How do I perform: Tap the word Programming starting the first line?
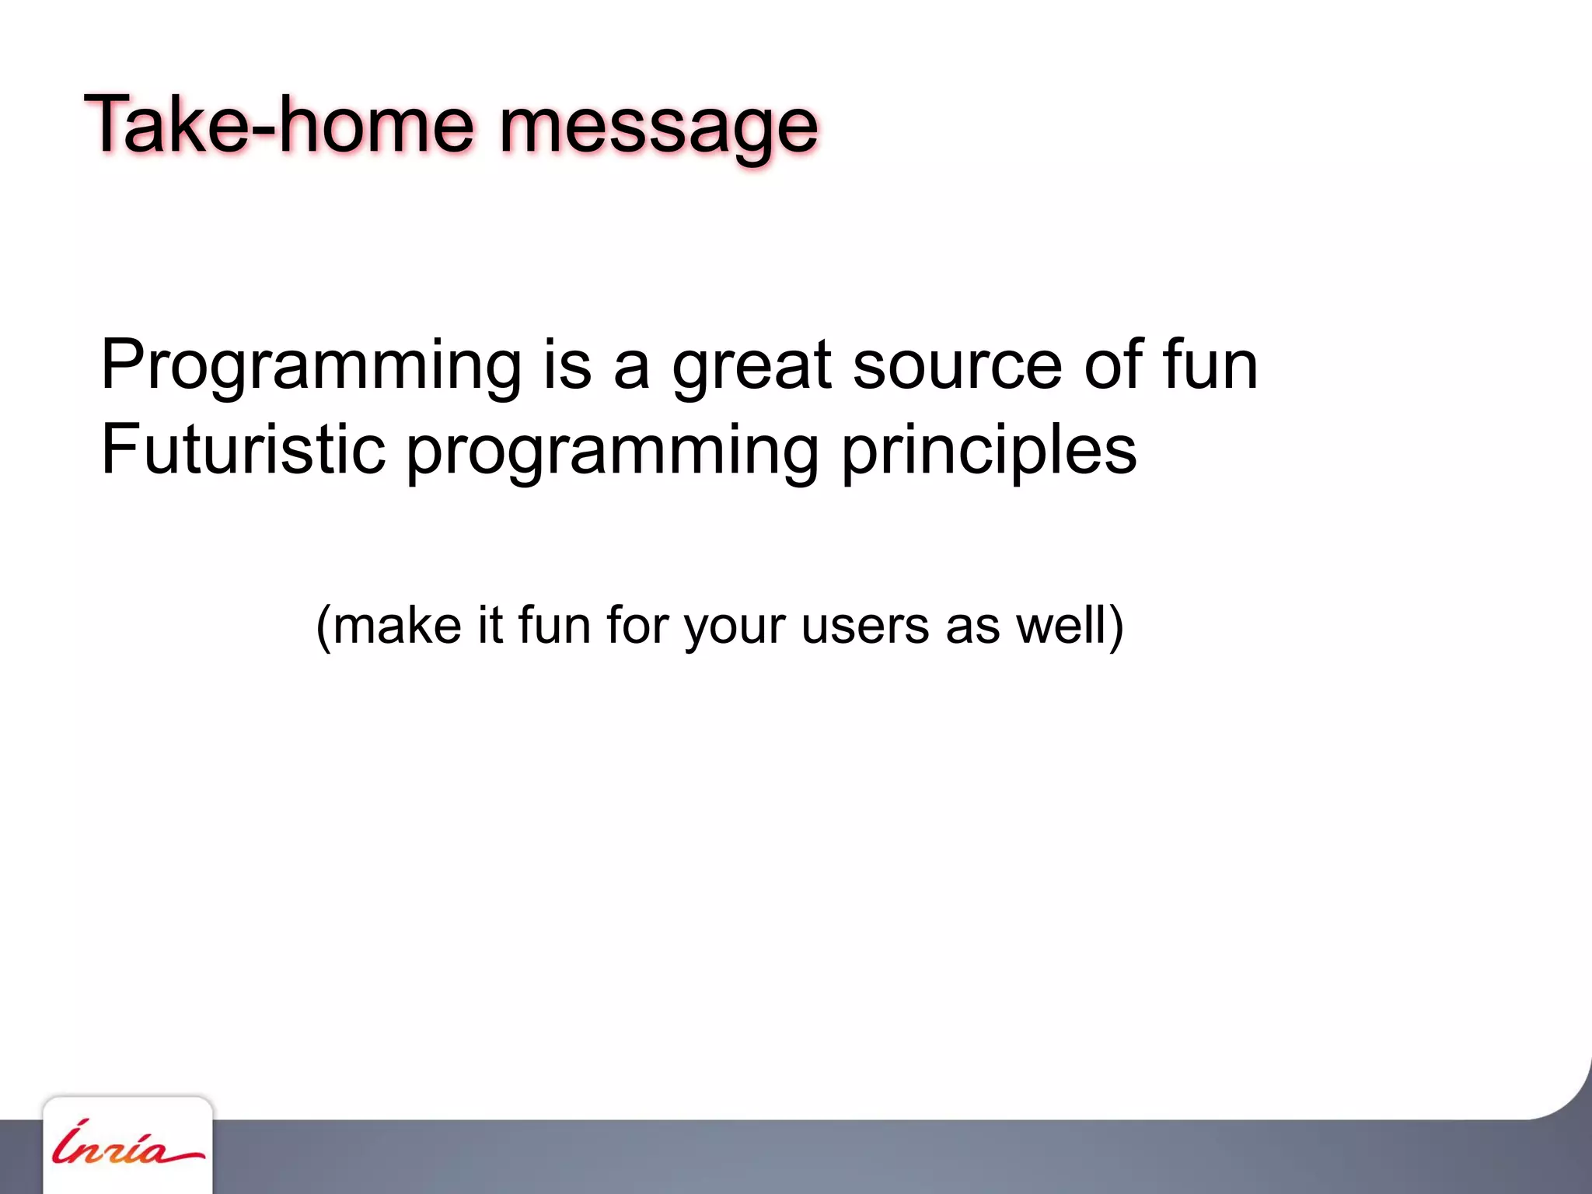[x=311, y=367]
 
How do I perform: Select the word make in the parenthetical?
[x=397, y=625]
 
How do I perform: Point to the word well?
[x=1060, y=625]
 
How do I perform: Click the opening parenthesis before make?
[x=323, y=627]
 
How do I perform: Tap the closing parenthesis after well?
[x=1116, y=627]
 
